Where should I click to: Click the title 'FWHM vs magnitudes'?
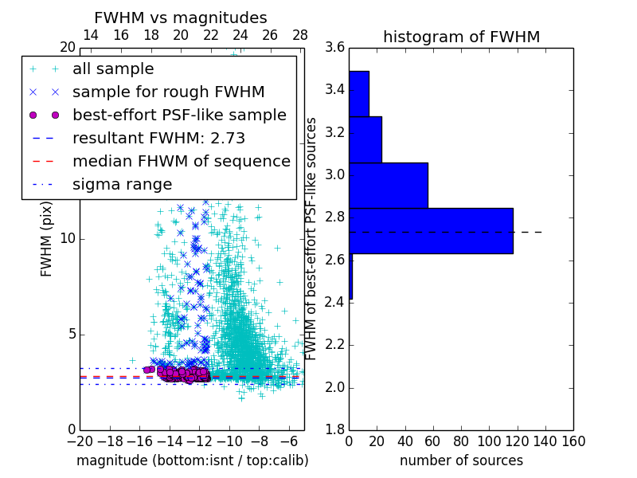(x=180, y=18)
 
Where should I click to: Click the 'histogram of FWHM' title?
(x=461, y=37)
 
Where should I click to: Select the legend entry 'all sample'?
(x=113, y=69)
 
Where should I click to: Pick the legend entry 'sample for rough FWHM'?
(x=168, y=92)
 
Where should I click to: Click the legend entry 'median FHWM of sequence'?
(x=181, y=161)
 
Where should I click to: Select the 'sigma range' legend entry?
(x=122, y=184)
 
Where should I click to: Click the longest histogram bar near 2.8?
(x=431, y=231)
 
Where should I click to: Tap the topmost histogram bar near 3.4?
(x=359, y=94)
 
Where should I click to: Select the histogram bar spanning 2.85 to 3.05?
(x=388, y=185)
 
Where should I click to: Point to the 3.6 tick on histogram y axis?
(x=335, y=48)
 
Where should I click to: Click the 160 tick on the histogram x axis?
(x=573, y=441)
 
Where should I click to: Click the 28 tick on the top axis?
(x=300, y=36)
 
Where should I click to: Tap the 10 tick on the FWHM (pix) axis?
(x=68, y=239)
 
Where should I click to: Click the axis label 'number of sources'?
(x=461, y=460)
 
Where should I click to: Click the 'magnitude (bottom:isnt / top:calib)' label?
(x=192, y=460)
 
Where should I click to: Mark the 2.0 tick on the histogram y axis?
(x=335, y=387)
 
